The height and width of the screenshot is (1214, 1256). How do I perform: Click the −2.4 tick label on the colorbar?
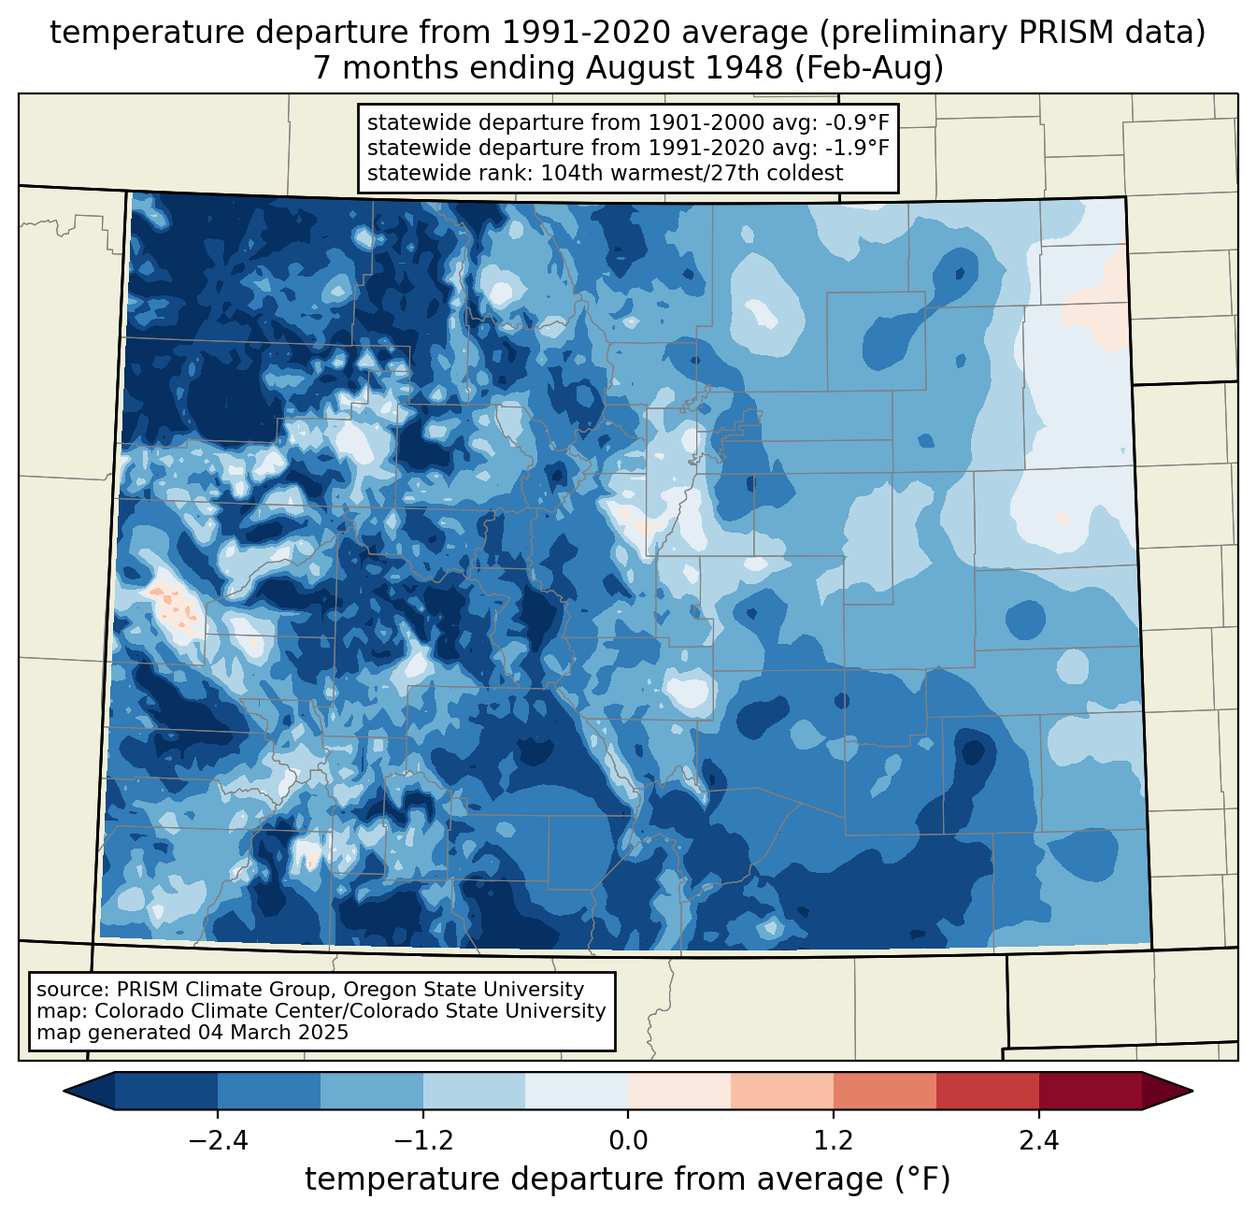[217, 1140]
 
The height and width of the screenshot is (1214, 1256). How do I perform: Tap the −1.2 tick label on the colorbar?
[422, 1140]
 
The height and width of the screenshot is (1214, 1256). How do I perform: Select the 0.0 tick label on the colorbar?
[628, 1140]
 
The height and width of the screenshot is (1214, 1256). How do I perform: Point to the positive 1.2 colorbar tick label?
[834, 1140]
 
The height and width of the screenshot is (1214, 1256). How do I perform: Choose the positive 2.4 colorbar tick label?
[1039, 1140]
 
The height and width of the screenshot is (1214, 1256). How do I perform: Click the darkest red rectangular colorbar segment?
[1090, 1091]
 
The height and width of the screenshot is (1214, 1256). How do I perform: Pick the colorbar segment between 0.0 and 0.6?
[679, 1091]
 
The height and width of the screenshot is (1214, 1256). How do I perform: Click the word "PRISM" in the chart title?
[1058, 33]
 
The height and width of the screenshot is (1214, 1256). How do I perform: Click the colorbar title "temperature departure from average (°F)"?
[628, 1179]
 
